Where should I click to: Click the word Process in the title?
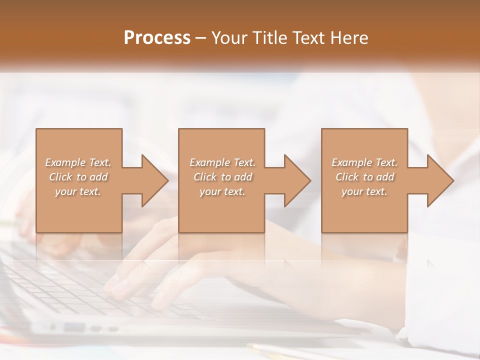pos(157,38)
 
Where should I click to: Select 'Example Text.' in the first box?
pos(78,162)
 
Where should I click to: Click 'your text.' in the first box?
pos(78,191)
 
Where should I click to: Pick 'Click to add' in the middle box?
pos(222,177)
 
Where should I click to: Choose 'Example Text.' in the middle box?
pos(222,162)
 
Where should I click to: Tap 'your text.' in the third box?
pos(364,191)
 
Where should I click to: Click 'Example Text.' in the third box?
pos(364,162)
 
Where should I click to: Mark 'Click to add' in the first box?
pos(78,177)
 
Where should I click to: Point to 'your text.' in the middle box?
pos(222,191)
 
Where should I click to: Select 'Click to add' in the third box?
pos(364,177)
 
